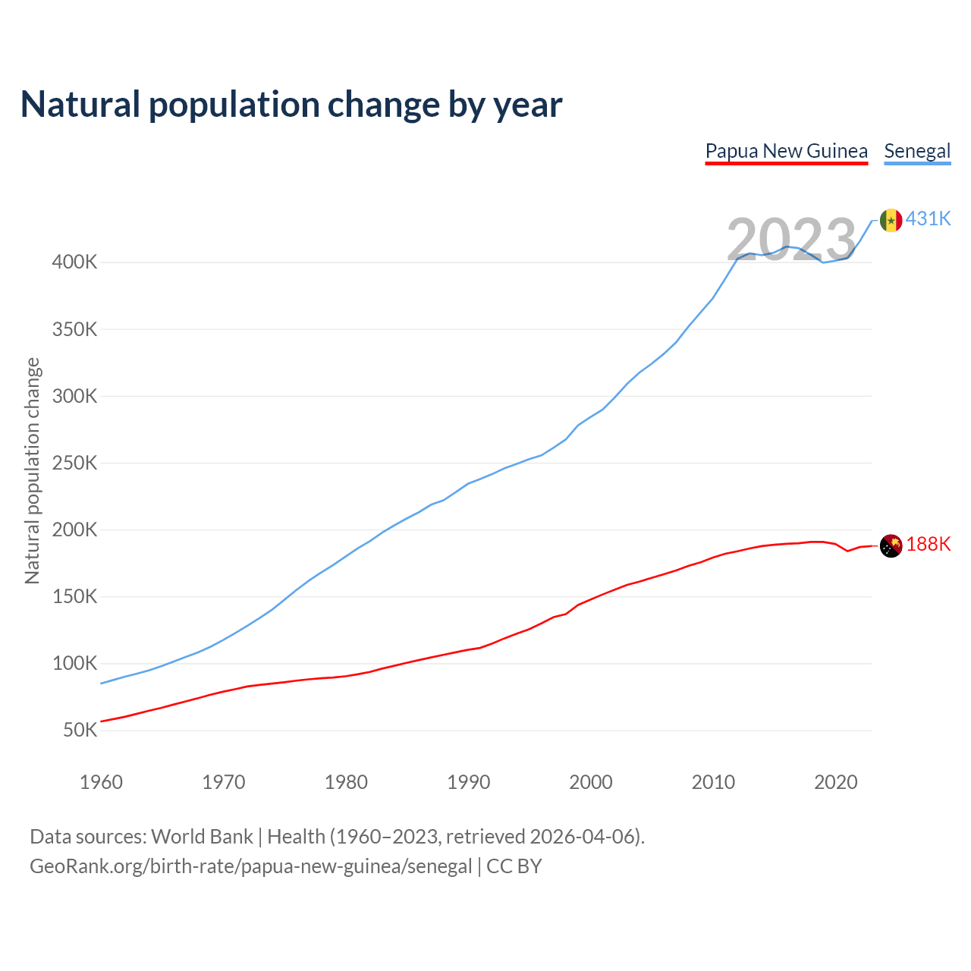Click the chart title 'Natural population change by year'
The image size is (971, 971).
[x=291, y=105]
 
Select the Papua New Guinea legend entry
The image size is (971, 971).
[x=786, y=151]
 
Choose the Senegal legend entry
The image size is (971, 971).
[x=917, y=151]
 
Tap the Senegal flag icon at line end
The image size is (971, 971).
[x=891, y=220]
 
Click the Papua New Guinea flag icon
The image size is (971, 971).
[x=891, y=545]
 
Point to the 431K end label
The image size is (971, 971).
[x=929, y=218]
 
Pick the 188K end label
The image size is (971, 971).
[x=929, y=545]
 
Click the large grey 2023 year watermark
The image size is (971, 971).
[x=791, y=240]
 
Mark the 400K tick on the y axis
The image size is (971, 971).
[x=74, y=262]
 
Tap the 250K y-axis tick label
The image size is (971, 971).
[x=74, y=463]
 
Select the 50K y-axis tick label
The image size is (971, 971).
[x=80, y=731]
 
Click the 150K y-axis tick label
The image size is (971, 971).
[x=74, y=597]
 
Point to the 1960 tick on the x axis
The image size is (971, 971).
[x=101, y=782]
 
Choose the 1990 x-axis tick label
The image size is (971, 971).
[x=469, y=782]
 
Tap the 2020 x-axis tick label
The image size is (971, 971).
[x=835, y=782]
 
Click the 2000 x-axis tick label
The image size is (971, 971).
[x=591, y=782]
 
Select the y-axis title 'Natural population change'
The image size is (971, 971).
[x=32, y=471]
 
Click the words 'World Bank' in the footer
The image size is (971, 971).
[x=202, y=837]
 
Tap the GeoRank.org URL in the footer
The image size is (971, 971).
[x=250, y=866]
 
